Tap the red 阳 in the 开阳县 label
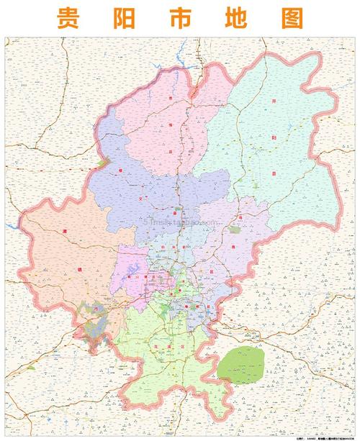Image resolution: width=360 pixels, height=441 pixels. tap(274, 138)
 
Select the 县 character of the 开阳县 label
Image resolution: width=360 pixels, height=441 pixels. tap(274, 173)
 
